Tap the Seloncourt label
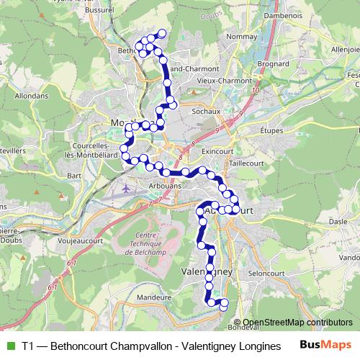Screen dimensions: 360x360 pyautogui.click(x=263, y=274)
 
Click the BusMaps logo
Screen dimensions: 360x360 pyautogui.click(x=323, y=344)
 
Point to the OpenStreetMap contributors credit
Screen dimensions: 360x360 pyautogui.click(x=297, y=322)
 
